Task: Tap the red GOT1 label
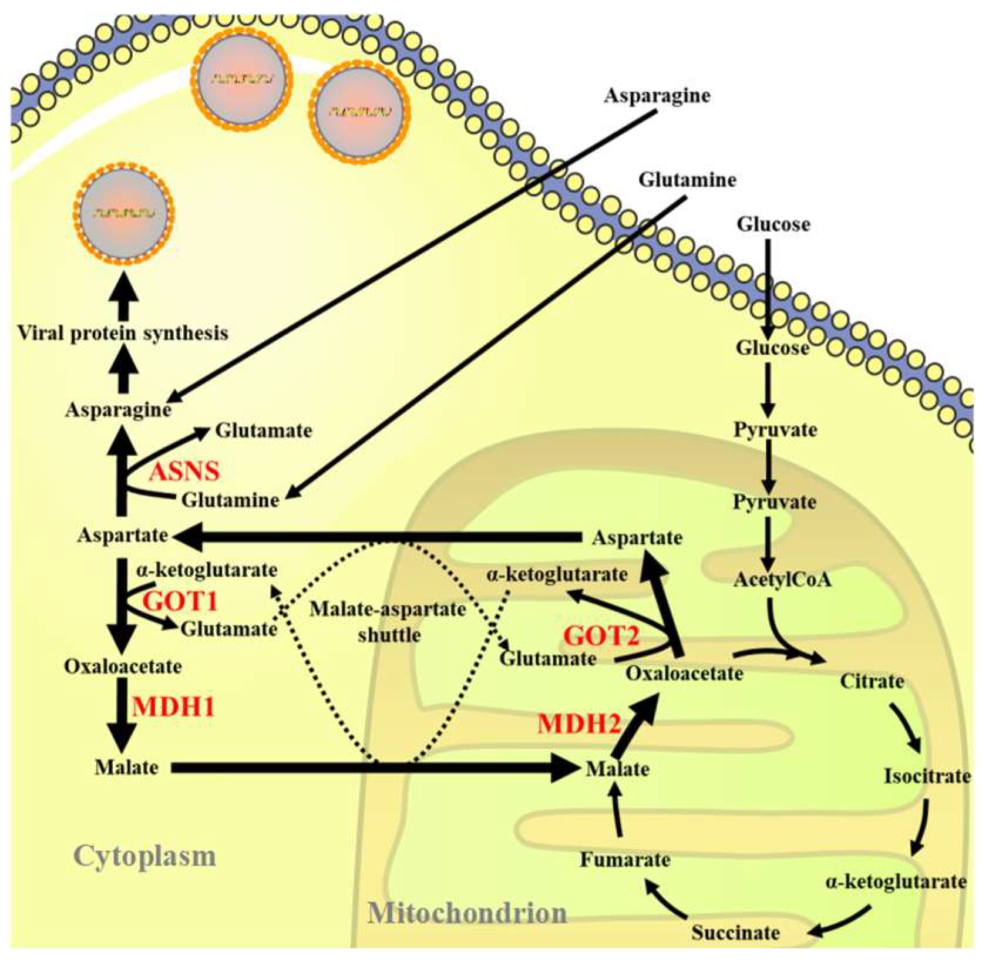181,601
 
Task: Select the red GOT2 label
601,636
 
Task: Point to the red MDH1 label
173,706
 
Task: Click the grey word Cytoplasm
144,856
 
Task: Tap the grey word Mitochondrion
467,913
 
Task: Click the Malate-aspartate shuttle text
388,621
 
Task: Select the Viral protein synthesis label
122,334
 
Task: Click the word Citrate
872,682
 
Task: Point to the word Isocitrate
927,776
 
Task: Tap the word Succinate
735,932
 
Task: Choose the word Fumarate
625,860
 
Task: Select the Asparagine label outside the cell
657,95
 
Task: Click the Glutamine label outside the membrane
687,179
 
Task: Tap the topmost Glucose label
773,224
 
